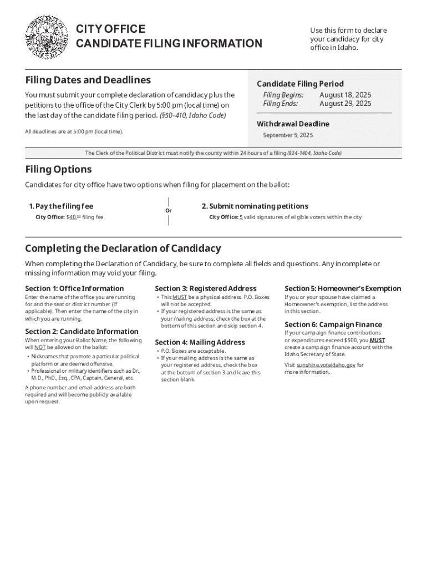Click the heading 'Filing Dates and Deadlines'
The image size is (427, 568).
click(x=88, y=80)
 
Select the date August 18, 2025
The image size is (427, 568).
click(x=345, y=95)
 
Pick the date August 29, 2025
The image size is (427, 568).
click(x=345, y=104)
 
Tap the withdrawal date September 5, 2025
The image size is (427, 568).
click(x=288, y=135)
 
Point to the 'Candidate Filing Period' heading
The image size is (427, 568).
click(x=300, y=84)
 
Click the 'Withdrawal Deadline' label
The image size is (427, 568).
click(x=293, y=124)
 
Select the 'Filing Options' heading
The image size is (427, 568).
click(x=58, y=169)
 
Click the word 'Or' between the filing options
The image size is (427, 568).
click(x=169, y=211)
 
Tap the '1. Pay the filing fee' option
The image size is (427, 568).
click(x=61, y=206)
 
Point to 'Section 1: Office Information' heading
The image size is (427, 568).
click(x=74, y=288)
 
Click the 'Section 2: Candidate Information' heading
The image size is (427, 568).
click(x=82, y=332)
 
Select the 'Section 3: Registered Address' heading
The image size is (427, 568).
click(x=205, y=288)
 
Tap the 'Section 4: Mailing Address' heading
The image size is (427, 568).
click(x=199, y=342)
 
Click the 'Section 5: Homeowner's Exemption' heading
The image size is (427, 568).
click(x=342, y=288)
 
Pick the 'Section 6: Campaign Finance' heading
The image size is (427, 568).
click(x=333, y=324)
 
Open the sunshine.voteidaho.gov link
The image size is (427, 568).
click(x=326, y=365)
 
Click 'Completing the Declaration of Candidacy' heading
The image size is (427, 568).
click(x=123, y=248)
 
